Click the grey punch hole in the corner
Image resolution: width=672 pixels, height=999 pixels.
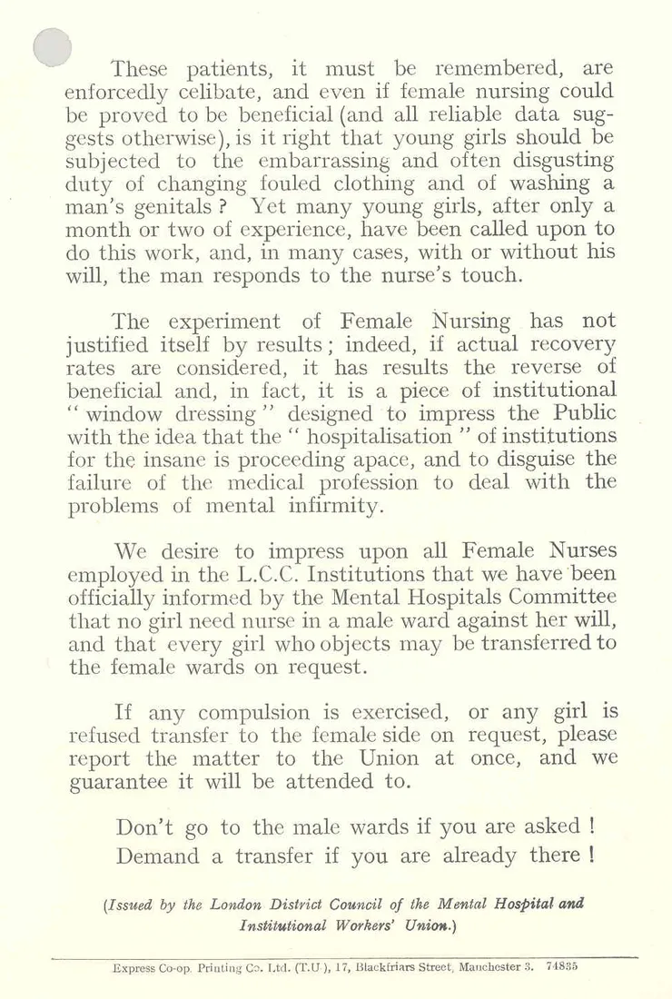52,46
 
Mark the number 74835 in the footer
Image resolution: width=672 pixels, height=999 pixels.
564,967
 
